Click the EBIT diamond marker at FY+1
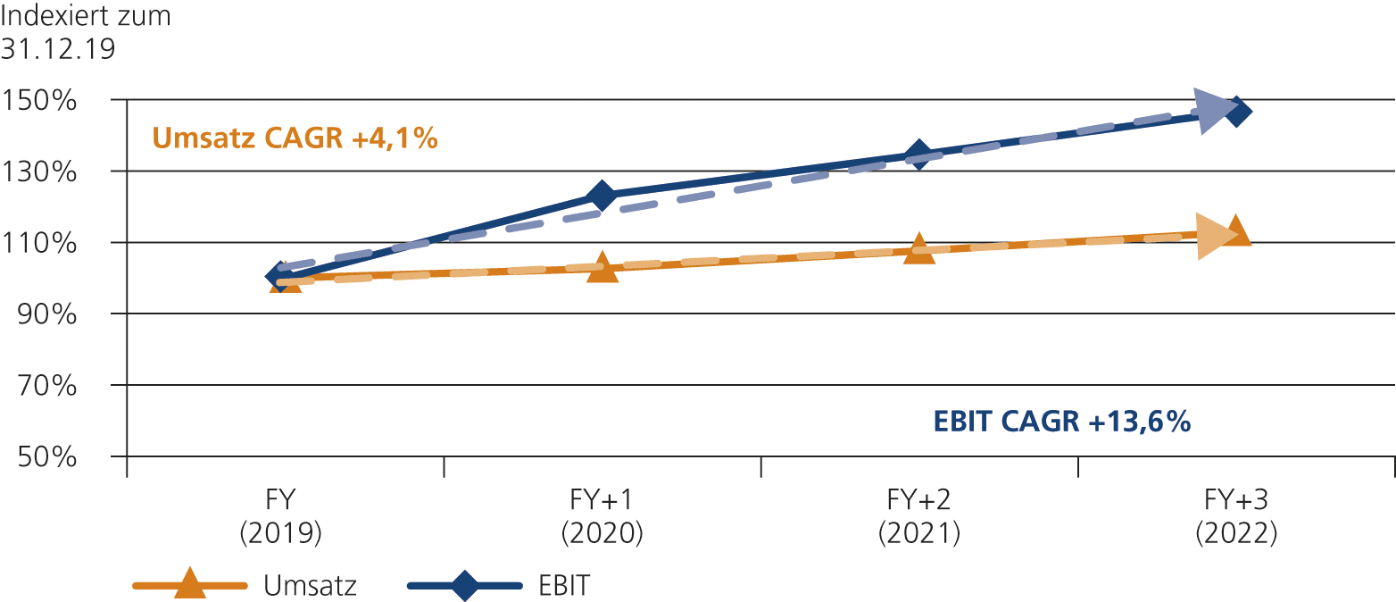[x=602, y=196]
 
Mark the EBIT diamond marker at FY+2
[x=919, y=155]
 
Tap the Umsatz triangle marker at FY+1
[x=602, y=268]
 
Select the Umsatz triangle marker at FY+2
[x=919, y=249]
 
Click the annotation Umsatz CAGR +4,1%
[x=295, y=138]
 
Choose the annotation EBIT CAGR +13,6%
[x=1061, y=422]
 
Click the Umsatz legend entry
[x=245, y=586]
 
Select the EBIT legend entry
[x=500, y=586]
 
